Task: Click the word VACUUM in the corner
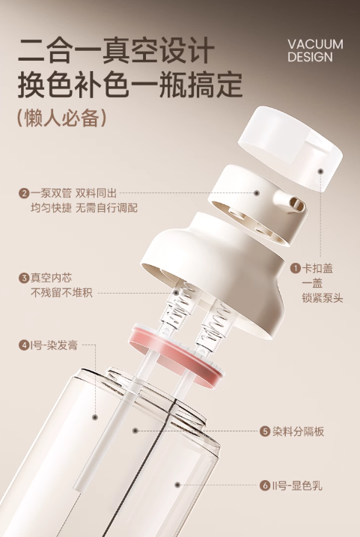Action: coord(315,44)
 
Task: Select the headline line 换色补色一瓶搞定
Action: coord(130,85)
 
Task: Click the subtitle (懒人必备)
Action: coord(61,118)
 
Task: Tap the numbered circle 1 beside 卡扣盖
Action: coord(296,267)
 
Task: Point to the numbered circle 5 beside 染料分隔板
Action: coord(265,431)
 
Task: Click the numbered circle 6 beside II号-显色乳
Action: coord(265,485)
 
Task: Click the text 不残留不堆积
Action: coord(61,293)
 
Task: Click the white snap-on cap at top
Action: coord(293,147)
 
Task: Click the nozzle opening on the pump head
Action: coord(294,203)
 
